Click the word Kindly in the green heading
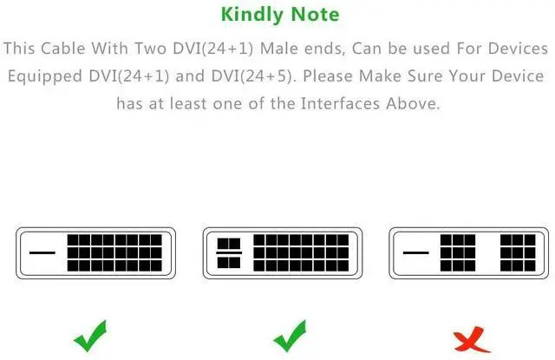tap(251, 16)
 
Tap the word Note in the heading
tap(315, 15)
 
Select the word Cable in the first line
tap(63, 49)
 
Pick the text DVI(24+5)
tap(252, 76)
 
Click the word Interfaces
tap(340, 104)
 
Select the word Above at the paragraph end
tap(413, 104)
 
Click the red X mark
tap(471, 339)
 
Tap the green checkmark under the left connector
tap(90, 336)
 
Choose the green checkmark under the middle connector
tap(291, 336)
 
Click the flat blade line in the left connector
tap(42, 252)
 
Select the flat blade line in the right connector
tap(416, 252)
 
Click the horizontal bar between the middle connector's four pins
tap(229, 252)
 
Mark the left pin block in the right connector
tap(458, 252)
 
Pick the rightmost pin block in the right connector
tap(518, 252)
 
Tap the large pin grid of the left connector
tap(114, 252)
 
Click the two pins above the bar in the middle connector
tap(229, 244)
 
